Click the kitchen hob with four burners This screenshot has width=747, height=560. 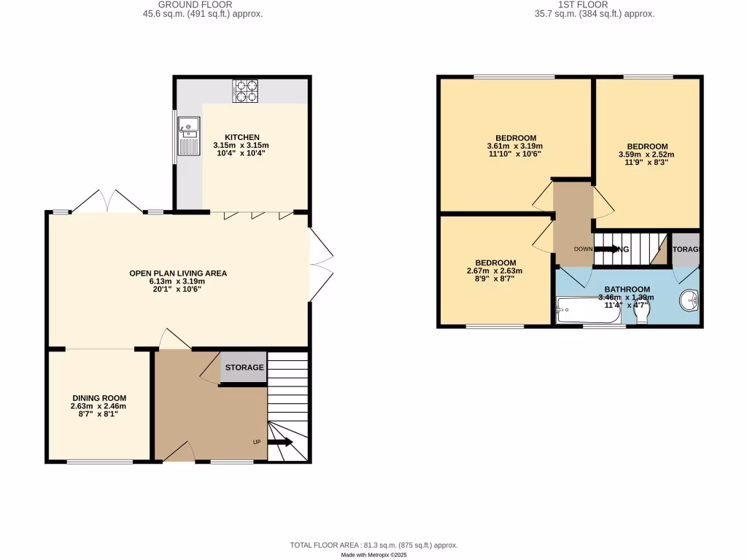point(245,91)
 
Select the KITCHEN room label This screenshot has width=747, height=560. point(241,137)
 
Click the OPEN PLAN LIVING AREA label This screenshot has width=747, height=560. point(178,273)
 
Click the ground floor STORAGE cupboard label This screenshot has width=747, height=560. point(244,367)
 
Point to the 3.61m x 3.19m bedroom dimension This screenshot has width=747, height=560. point(516,147)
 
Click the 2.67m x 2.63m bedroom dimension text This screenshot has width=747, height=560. point(495,271)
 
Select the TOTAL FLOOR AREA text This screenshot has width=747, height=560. point(373,545)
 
